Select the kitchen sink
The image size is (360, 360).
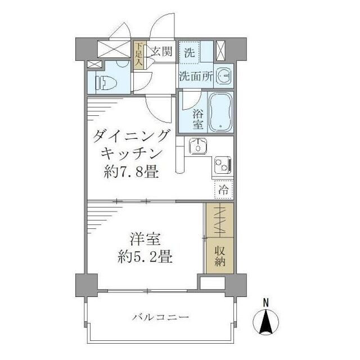pos(197,147)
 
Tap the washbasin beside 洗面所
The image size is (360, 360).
pos(224,76)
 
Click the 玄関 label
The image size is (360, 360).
pos(161,53)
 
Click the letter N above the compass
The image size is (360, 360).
pos(266,303)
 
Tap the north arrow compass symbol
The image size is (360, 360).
pos(266,323)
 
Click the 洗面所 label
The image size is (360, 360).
pos(195,77)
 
